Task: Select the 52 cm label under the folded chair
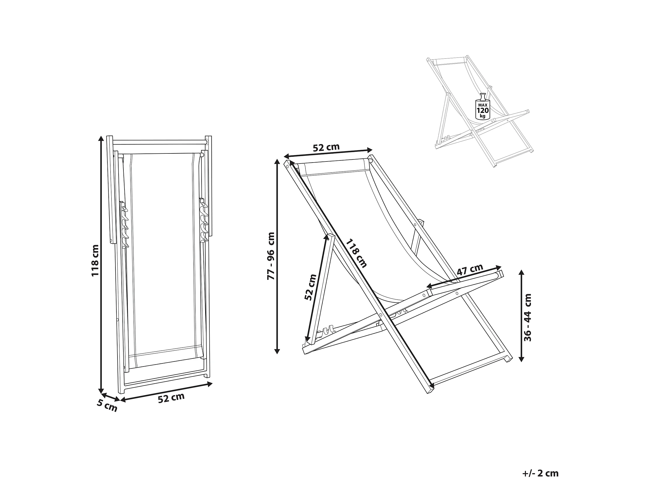pyautogui.click(x=171, y=398)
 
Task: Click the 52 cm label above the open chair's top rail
pyautogui.click(x=326, y=147)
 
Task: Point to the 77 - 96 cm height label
pyautogui.click(x=271, y=256)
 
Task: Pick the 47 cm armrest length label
pyautogui.click(x=470, y=270)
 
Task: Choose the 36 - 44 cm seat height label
pyautogui.click(x=528, y=318)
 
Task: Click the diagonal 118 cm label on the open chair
pyautogui.click(x=356, y=254)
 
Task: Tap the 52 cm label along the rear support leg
pyautogui.click(x=310, y=287)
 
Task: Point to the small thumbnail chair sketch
pyautogui.click(x=480, y=111)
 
